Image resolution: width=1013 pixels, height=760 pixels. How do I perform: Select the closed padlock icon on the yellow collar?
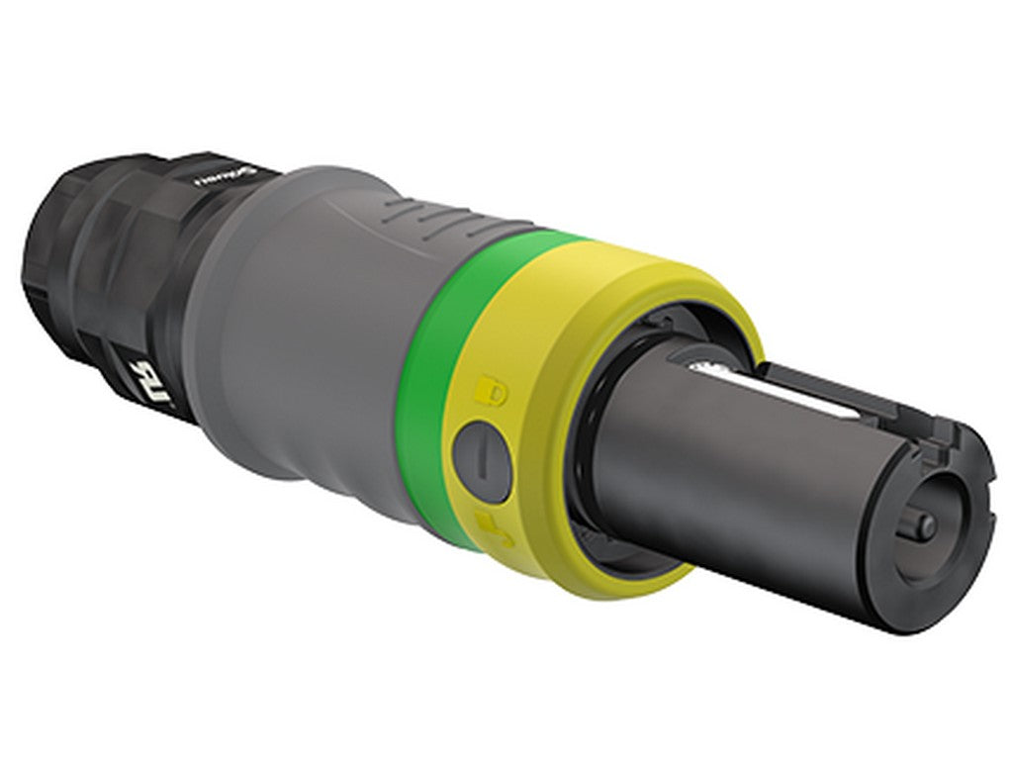(492, 389)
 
